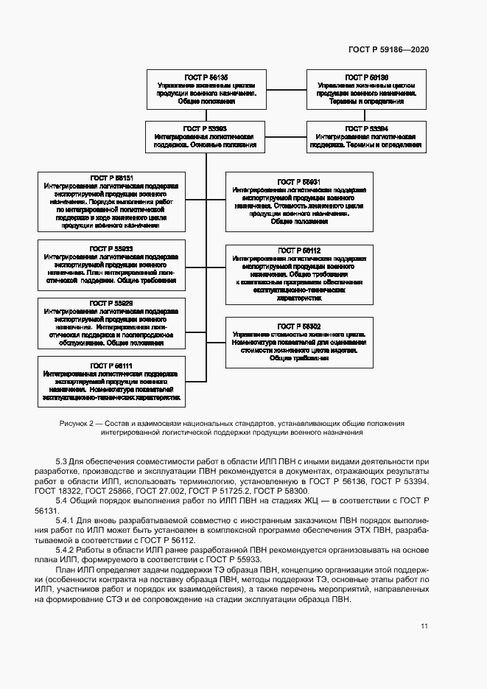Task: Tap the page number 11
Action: [x=424, y=626]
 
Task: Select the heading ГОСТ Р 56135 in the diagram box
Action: [x=206, y=77]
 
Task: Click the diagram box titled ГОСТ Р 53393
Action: [x=206, y=136]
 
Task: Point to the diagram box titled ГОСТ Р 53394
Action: [x=366, y=136]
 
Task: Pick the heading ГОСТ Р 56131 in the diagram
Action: [x=111, y=178]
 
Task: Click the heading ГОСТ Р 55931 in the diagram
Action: [x=298, y=181]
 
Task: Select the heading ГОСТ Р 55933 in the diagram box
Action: [x=111, y=248]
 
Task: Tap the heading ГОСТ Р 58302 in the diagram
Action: [x=298, y=326]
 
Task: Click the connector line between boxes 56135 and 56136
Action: [x=286, y=90]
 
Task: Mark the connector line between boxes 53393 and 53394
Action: [x=286, y=136]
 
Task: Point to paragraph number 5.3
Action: [x=62, y=461]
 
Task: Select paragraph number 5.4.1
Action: [x=66, y=520]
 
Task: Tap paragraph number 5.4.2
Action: [x=66, y=550]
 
